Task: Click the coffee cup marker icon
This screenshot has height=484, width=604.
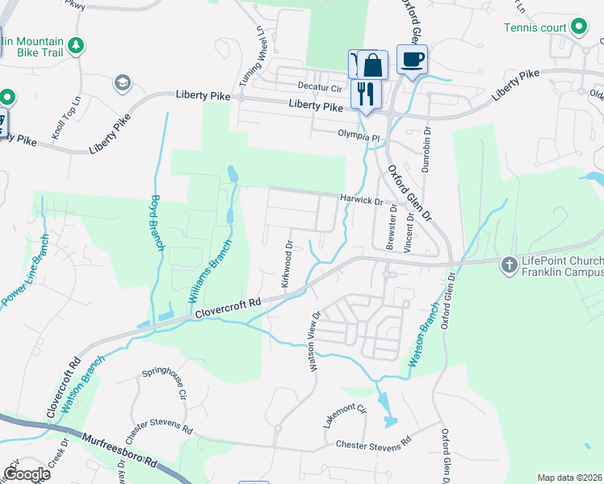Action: point(412,60)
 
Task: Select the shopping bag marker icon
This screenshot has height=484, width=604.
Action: point(372,65)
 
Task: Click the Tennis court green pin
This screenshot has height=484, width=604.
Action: point(578,27)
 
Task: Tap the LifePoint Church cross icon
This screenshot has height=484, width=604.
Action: point(509,264)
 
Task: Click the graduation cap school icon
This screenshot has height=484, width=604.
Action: point(122,82)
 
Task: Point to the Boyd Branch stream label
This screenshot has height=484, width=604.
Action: point(157,224)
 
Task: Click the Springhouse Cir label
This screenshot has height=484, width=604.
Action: point(165,383)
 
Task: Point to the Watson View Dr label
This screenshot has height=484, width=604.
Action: point(315,341)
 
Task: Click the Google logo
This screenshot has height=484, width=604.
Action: point(27,474)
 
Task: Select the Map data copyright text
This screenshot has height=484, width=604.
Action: point(570,478)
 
